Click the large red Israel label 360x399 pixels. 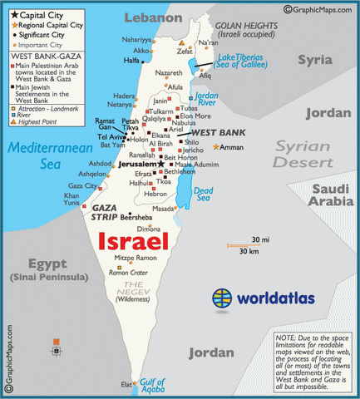pos(134,242)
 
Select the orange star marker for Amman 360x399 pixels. pos(216,147)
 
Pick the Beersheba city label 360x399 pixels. pos(137,217)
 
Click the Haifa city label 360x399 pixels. pos(131,61)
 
